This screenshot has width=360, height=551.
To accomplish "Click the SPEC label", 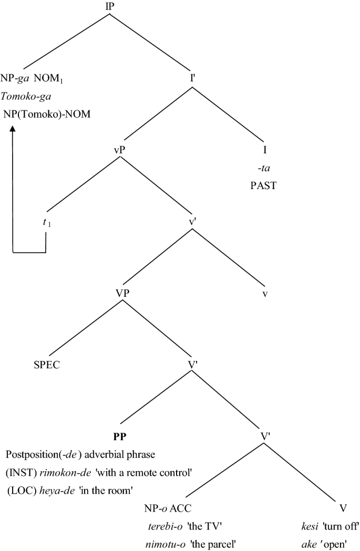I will point(46,365).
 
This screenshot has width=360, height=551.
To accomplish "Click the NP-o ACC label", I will point(167,508).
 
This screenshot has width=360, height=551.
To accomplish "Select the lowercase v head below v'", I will point(266,293).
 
